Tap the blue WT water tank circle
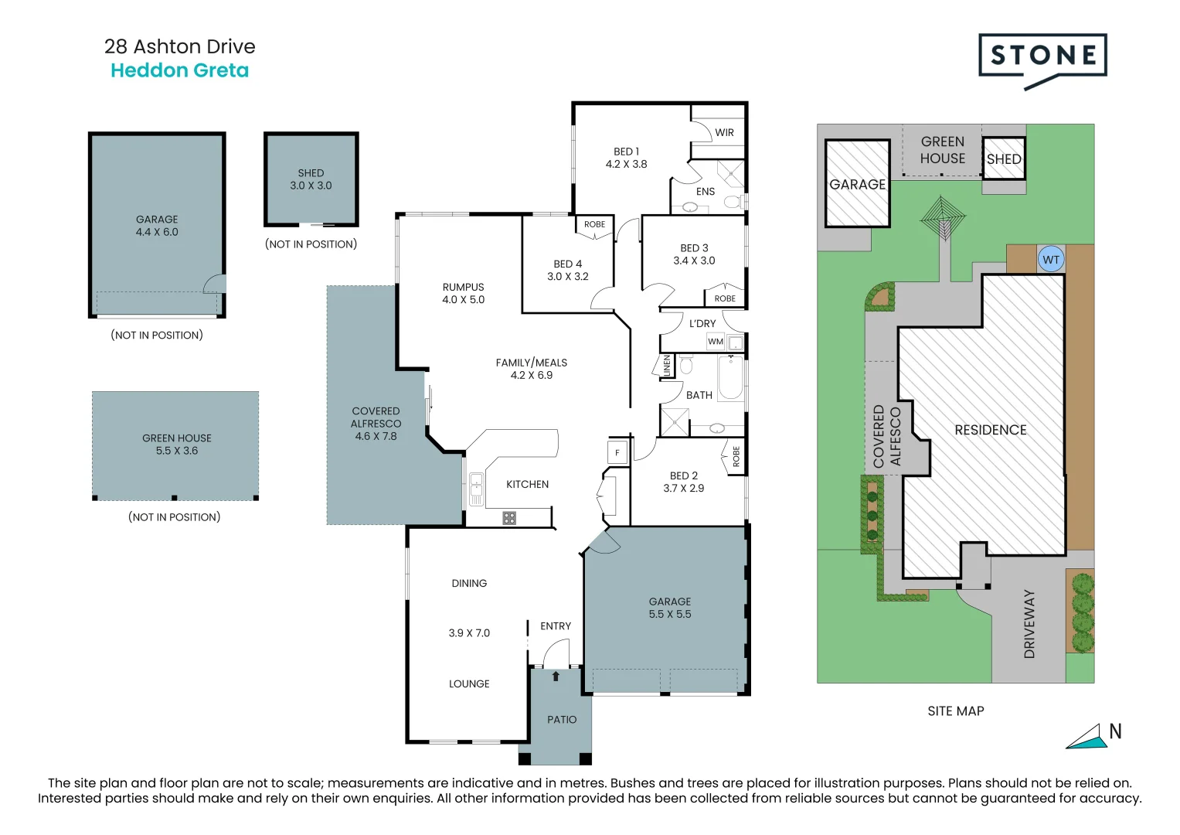pos(1051,259)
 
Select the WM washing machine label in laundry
pos(716,342)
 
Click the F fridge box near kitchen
pos(617,452)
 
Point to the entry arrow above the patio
pos(556,676)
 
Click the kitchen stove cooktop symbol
pos(509,518)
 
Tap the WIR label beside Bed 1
pos(724,133)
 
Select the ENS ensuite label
pos(706,192)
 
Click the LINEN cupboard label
pos(666,366)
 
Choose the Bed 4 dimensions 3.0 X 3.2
pos(567,276)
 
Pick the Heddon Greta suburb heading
pos(179,70)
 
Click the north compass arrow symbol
pos(1086,737)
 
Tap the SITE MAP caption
pos(956,711)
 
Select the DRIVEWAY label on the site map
pos(1029,624)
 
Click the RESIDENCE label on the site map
pos(991,430)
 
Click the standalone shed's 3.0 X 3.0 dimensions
pos(311,186)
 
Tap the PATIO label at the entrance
pos(562,720)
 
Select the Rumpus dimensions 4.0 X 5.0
pos(463,299)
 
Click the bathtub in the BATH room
pos(731,377)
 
